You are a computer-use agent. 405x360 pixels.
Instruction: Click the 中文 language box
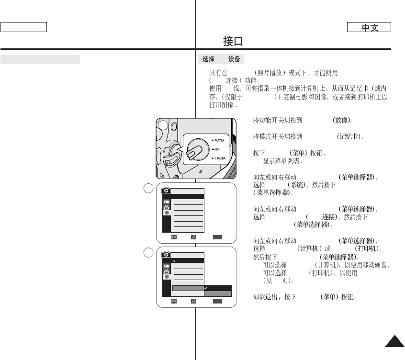[369, 28]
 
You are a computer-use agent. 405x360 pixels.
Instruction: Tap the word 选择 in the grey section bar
[208, 59]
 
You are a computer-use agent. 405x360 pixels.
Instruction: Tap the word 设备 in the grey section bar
[234, 59]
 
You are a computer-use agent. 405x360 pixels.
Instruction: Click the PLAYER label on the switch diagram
[220, 141]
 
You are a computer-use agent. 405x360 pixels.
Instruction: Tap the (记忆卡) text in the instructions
[351, 136]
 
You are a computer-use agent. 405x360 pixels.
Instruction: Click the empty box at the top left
[23, 27]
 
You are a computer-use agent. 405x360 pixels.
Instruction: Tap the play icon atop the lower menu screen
[167, 254]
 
